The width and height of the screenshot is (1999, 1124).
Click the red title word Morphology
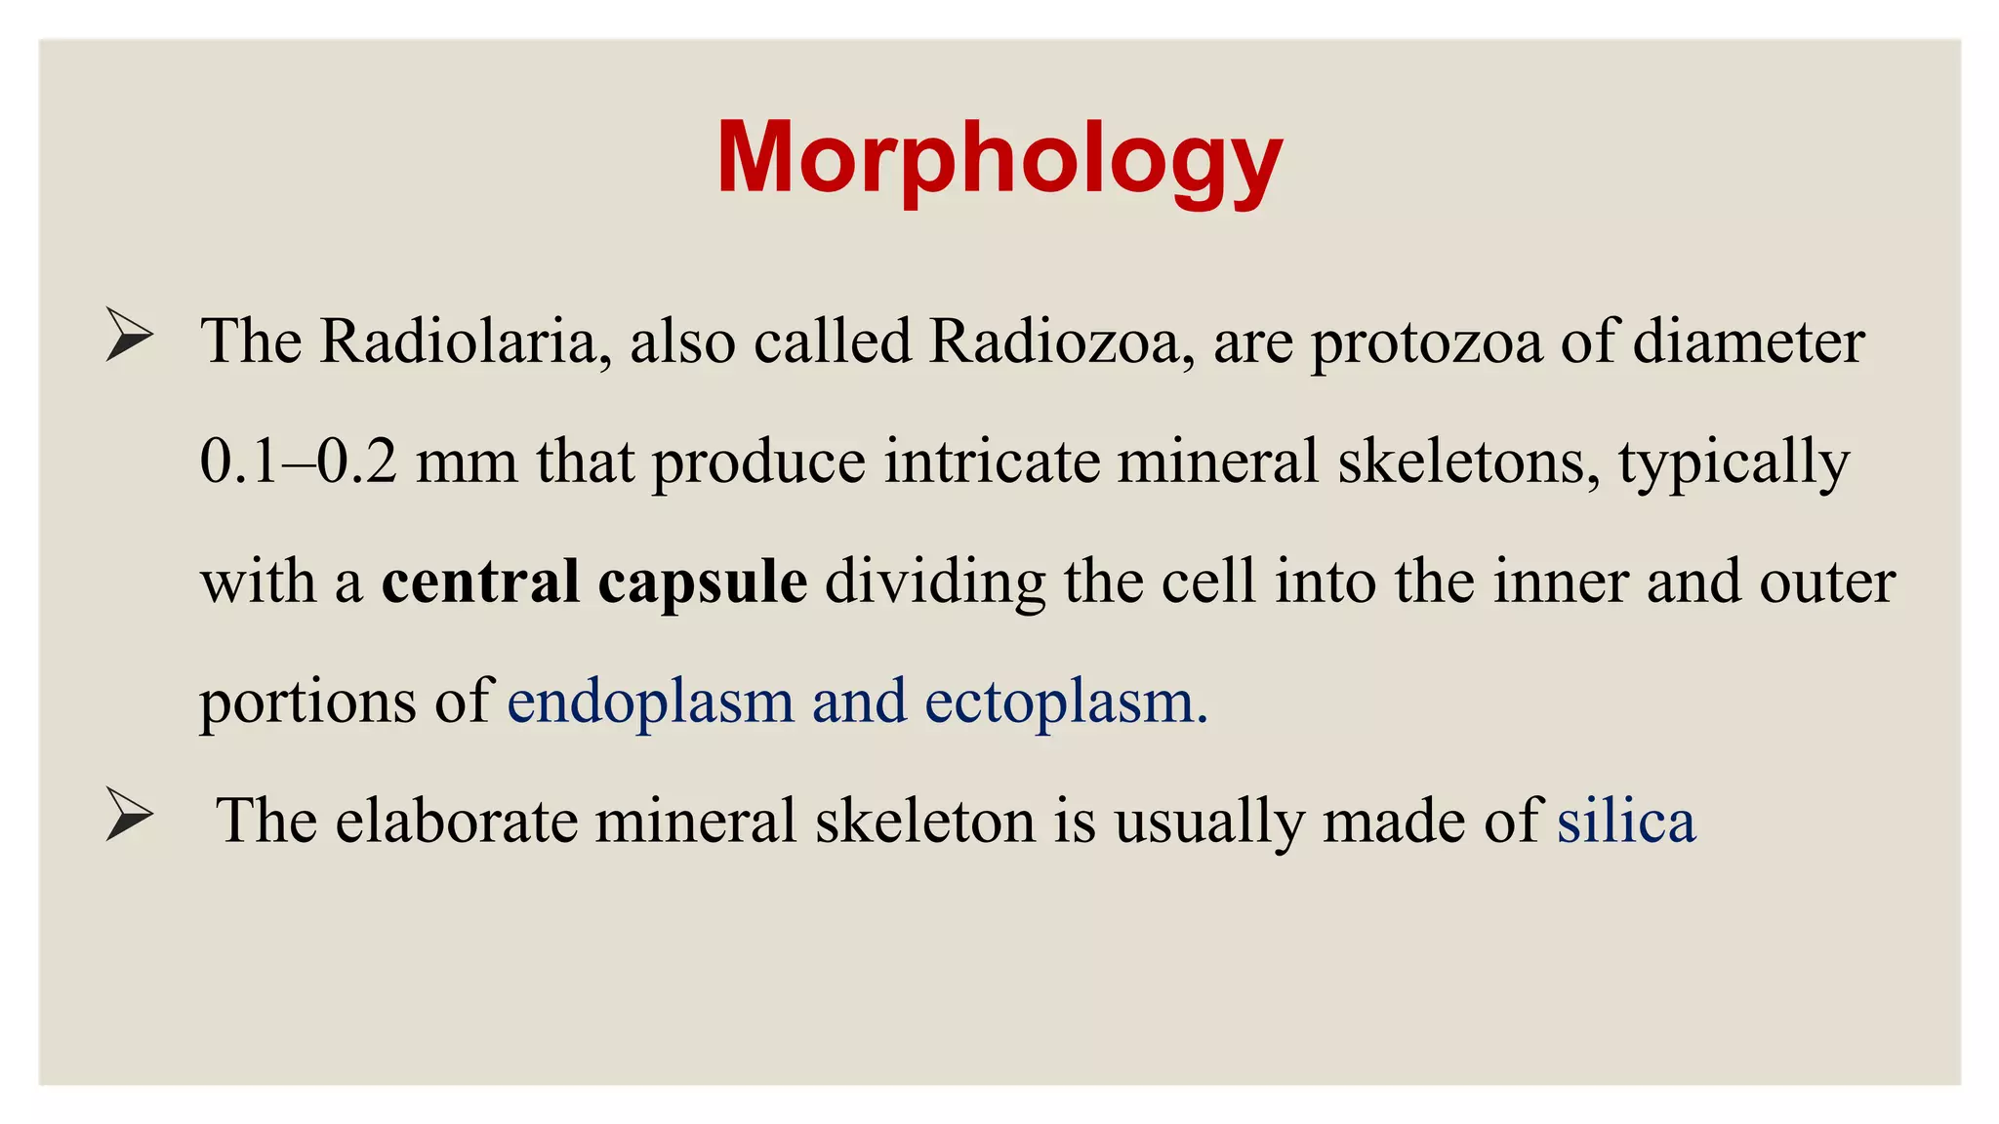point(999,159)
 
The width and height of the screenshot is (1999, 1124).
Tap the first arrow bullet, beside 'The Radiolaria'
point(129,337)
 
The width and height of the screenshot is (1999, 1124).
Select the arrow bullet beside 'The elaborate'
point(129,816)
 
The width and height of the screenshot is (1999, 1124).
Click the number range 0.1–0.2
point(298,462)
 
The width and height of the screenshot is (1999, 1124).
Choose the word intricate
point(992,462)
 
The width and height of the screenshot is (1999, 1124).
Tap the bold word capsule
point(702,583)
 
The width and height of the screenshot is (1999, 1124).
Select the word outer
point(1827,583)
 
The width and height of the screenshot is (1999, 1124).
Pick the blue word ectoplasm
point(1065,702)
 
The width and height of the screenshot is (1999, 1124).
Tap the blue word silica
point(1626,821)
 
